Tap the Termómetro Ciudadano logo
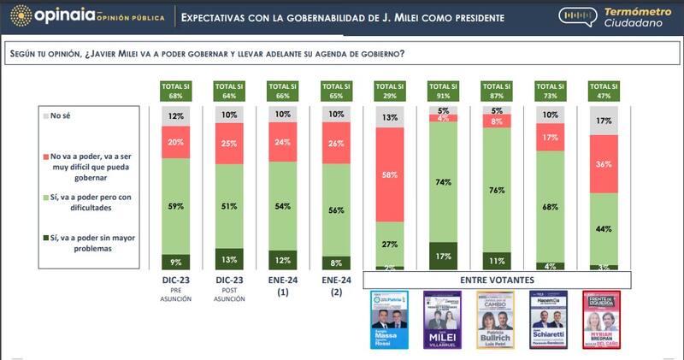(x=616, y=17)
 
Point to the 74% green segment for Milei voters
(x=443, y=182)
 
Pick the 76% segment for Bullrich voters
(x=496, y=190)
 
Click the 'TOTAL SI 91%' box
(x=443, y=89)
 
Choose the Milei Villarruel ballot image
(x=443, y=320)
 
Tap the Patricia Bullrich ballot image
(x=496, y=320)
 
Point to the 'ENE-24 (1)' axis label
(x=283, y=286)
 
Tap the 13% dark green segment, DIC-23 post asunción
(x=230, y=259)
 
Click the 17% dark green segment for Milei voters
(x=443, y=256)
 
